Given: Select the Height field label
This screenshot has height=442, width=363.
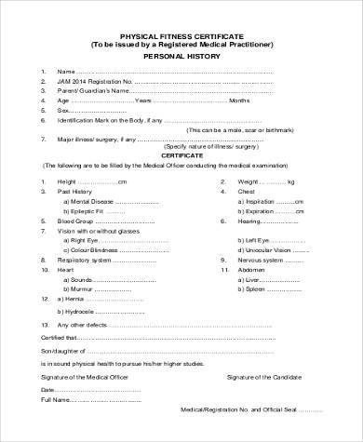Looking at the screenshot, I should tap(68, 181).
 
